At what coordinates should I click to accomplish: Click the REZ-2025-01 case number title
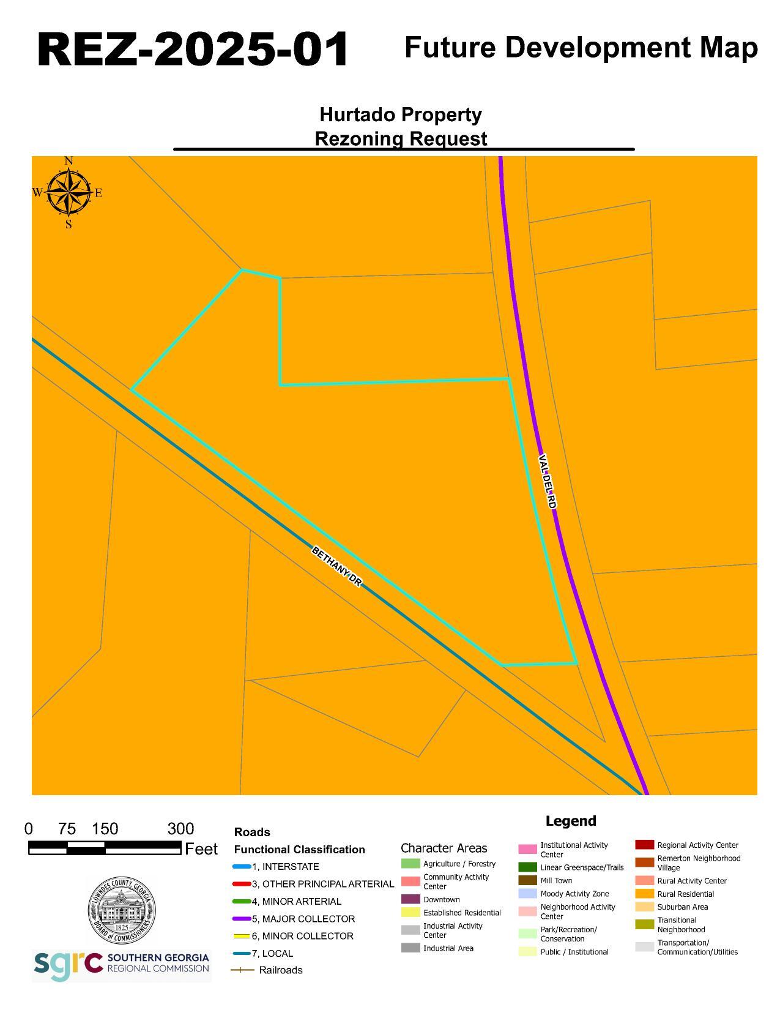[x=193, y=49]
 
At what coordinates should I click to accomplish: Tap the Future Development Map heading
[x=581, y=48]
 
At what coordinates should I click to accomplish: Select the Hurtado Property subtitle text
[x=401, y=114]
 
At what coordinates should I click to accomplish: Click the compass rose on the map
[x=68, y=192]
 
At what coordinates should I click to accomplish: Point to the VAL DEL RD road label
[x=548, y=482]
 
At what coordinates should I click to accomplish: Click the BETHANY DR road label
[x=336, y=566]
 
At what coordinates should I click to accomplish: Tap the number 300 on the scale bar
[x=180, y=829]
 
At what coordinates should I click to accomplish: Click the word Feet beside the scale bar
[x=201, y=849]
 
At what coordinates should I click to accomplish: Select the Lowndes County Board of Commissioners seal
[x=121, y=911]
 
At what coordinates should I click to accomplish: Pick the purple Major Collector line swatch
[x=242, y=919]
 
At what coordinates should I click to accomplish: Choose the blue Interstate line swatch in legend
[x=242, y=867]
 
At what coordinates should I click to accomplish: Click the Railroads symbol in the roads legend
[x=242, y=970]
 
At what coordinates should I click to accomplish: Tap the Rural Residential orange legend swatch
[x=644, y=894]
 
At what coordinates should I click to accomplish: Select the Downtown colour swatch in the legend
[x=410, y=899]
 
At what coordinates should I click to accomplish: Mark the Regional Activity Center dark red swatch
[x=644, y=845]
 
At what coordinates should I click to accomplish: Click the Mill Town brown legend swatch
[x=527, y=880]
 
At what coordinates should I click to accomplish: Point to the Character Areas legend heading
[x=444, y=848]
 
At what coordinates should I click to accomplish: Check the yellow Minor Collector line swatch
[x=242, y=936]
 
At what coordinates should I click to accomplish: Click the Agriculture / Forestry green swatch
[x=410, y=864]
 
